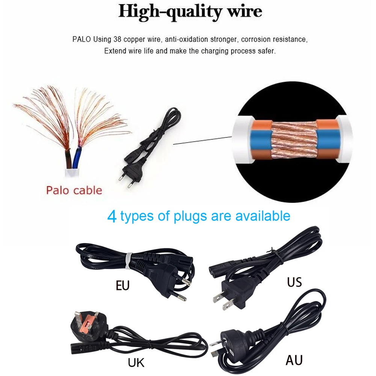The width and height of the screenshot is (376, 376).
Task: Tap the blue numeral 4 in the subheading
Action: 112,216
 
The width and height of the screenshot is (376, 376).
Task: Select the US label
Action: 294,282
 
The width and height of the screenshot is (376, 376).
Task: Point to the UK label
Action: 136,362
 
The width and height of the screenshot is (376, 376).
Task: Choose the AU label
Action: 294,360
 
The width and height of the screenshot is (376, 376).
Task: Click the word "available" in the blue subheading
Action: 263,216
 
